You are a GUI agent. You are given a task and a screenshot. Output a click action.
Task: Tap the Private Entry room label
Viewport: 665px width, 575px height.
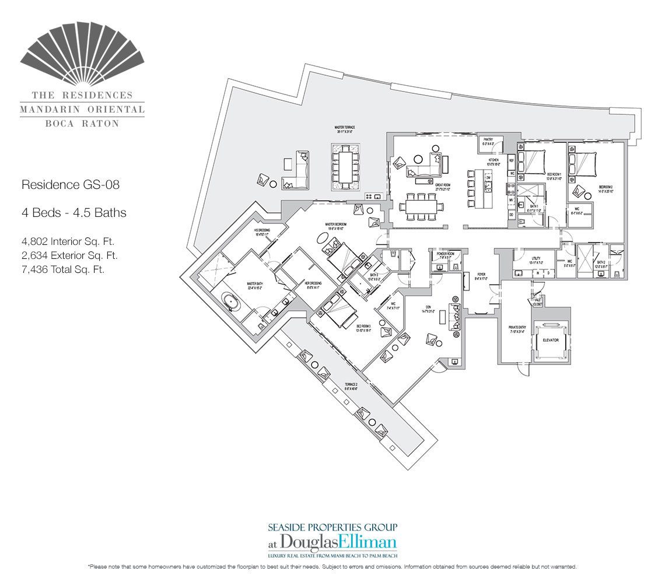point(517,329)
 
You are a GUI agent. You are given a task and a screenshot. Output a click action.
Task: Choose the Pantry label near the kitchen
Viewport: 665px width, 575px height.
point(488,141)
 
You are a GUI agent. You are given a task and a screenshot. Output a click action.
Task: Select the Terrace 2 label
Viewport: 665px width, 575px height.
point(334,387)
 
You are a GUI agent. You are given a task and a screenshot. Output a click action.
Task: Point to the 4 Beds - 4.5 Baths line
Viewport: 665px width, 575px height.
point(73,213)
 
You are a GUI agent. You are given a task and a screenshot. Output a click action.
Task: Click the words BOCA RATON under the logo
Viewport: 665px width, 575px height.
point(82,124)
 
